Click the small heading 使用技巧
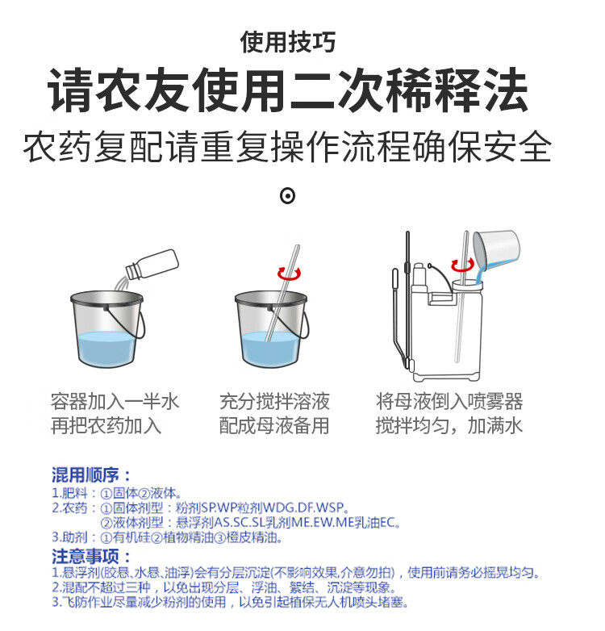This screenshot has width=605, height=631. point(288,42)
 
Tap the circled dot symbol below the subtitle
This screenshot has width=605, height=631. point(288,196)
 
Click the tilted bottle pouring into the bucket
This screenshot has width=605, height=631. point(152,265)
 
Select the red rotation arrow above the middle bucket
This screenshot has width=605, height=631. point(290,274)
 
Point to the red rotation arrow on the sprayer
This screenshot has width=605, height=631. point(462,265)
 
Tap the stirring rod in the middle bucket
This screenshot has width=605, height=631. point(282,293)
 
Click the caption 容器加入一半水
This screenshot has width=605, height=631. point(115,402)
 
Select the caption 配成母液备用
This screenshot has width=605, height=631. point(274,426)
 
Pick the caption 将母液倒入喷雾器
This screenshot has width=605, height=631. point(449,402)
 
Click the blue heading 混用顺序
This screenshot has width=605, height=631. point(91,474)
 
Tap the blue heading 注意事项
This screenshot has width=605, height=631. point(91,557)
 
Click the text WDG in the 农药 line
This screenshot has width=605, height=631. point(277,507)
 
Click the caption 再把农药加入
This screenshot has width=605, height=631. point(106,426)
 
